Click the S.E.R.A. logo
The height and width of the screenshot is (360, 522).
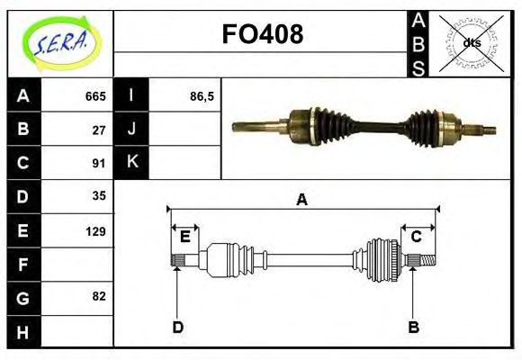click(x=60, y=42)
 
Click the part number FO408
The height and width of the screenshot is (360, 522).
click(x=262, y=34)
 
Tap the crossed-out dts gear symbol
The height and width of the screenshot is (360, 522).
click(x=471, y=42)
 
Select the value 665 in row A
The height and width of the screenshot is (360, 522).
click(x=94, y=95)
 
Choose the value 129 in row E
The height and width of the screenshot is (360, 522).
click(x=94, y=230)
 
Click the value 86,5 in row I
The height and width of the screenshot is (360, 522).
click(x=202, y=95)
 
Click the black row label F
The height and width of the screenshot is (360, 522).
click(x=23, y=264)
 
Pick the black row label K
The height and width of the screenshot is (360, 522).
click(x=132, y=162)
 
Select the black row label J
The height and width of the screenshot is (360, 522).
click(x=132, y=129)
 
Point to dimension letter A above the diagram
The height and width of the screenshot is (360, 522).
click(x=302, y=200)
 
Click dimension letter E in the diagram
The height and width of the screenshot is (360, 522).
click(x=184, y=237)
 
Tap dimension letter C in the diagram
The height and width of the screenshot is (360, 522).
click(x=416, y=237)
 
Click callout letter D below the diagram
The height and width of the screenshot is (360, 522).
click(x=177, y=327)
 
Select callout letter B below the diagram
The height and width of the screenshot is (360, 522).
click(x=413, y=327)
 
